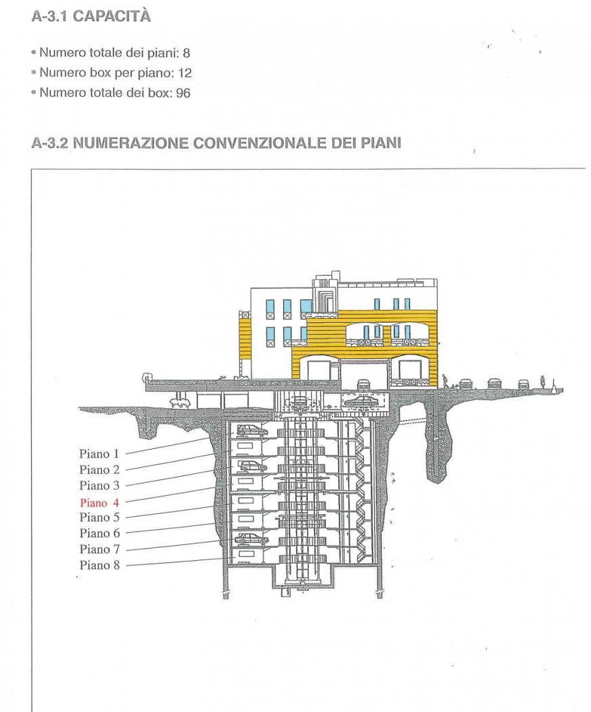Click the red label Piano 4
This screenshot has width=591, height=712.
[99, 502]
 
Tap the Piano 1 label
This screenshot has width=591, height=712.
[99, 453]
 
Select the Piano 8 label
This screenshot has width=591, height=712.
[99, 566]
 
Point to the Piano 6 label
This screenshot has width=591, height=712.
[99, 534]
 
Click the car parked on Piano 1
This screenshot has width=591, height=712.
[251, 430]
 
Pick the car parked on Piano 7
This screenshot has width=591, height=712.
[251, 539]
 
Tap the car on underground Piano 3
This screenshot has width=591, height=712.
[251, 466]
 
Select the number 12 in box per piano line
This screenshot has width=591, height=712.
[166, 74]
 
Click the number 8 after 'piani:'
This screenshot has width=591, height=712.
[178, 55]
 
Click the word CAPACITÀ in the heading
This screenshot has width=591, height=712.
[111, 18]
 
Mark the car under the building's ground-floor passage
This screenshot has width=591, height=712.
[363, 384]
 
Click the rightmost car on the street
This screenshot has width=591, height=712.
[523, 384]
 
